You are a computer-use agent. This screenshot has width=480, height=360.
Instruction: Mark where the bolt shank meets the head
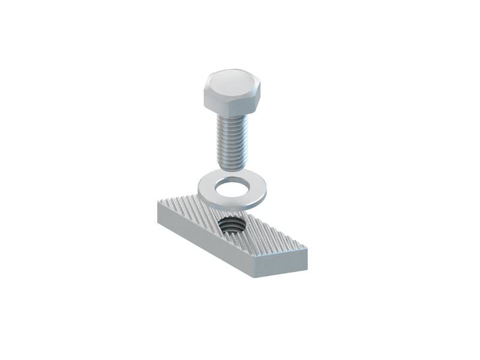pos(232,116)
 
